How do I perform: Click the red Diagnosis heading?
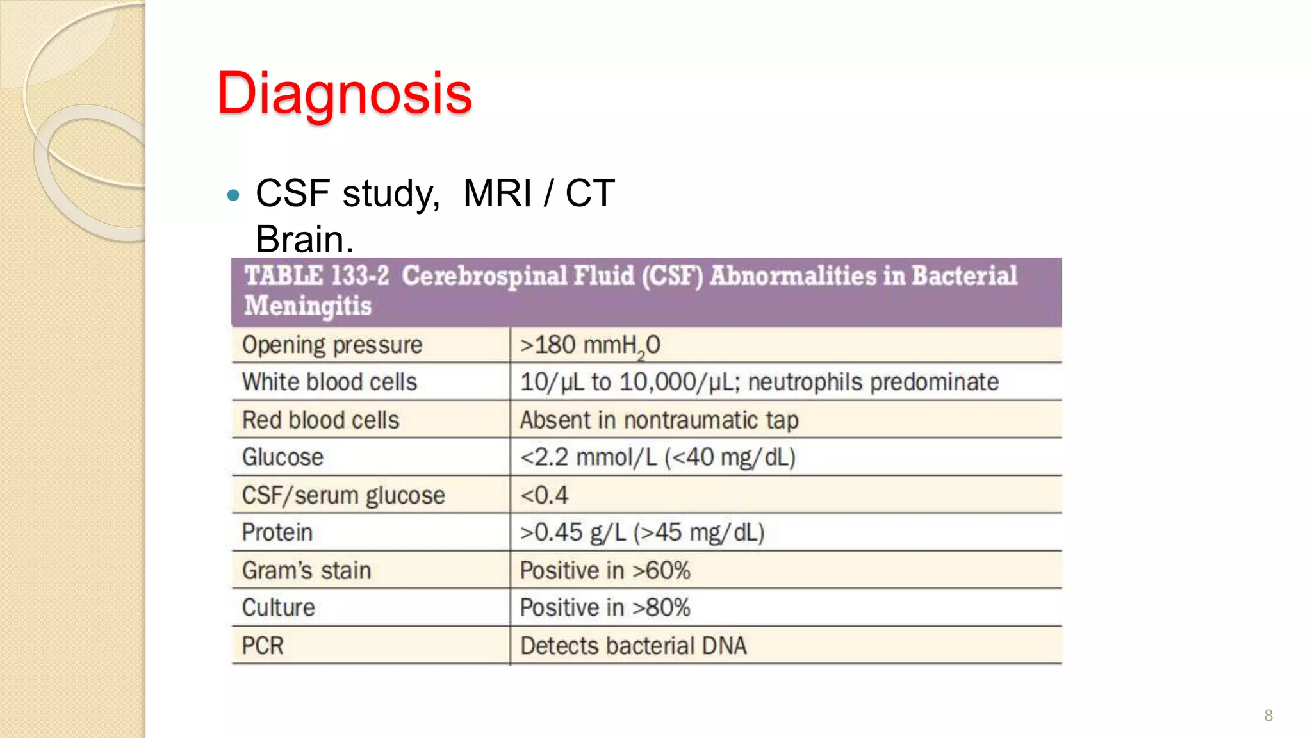coord(345,94)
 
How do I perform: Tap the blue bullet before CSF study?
coord(234,195)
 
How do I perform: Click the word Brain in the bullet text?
coord(304,240)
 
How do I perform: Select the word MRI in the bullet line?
coord(497,193)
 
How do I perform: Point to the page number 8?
coord(1268,716)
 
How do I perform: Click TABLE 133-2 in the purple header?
coord(316,276)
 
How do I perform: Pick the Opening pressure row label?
coord(332,345)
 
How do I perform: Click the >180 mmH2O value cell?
coord(590,345)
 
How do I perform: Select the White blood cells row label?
coord(329,382)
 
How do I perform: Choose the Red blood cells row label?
coord(320,420)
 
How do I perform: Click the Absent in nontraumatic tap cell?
coord(659,420)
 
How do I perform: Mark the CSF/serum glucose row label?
coord(343,495)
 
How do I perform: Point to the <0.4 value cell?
coord(544,495)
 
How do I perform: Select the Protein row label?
coord(277,532)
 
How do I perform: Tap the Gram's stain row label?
coord(306,570)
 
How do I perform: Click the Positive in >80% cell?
coord(605,607)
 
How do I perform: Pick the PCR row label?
coord(263,645)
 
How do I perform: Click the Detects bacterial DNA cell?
coord(633,645)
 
